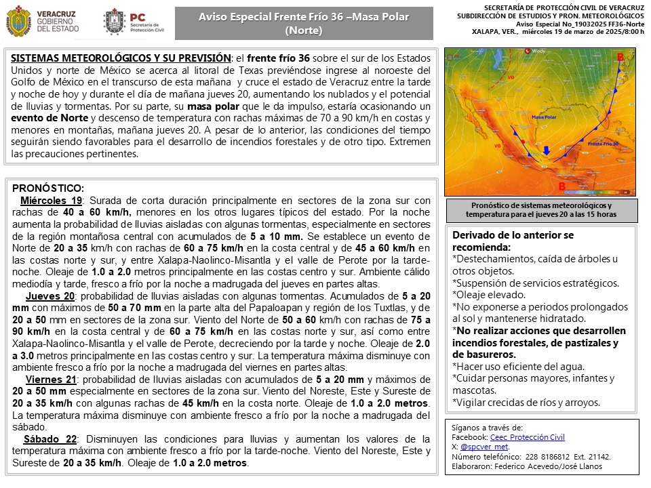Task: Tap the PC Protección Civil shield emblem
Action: tap(113, 22)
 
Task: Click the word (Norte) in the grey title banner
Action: tap(303, 30)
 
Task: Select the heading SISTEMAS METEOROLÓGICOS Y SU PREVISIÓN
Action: tap(119, 58)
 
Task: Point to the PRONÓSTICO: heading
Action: tap(47, 188)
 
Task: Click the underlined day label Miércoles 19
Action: tap(51, 201)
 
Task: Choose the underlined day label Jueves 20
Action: tap(50, 297)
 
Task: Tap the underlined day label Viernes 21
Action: tap(51, 379)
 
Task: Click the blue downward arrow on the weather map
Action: tap(547, 150)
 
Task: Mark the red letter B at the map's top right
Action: tap(620, 56)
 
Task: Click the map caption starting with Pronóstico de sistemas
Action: tap(540, 209)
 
